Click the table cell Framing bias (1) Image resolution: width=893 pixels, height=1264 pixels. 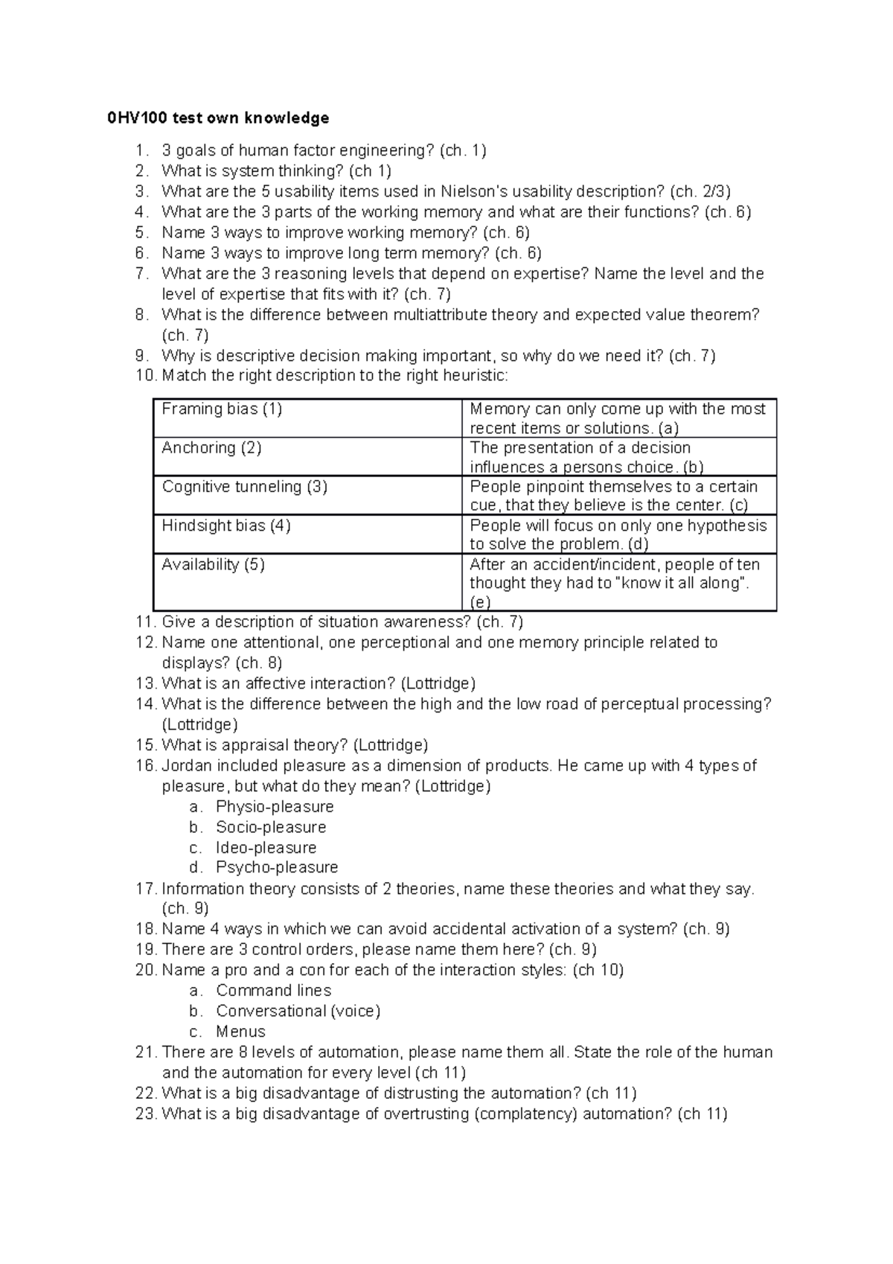[x=222, y=409]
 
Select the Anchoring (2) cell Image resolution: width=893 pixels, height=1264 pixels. [x=211, y=447]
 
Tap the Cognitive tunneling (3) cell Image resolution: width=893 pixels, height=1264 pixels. [x=244, y=487]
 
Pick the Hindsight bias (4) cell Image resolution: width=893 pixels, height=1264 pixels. [x=226, y=526]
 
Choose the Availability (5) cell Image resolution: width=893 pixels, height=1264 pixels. [x=213, y=564]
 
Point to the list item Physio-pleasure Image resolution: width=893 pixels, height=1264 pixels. [x=275, y=807]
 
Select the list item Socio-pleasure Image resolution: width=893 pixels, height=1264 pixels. [x=271, y=827]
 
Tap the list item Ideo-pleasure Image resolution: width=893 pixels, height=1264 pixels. [x=266, y=848]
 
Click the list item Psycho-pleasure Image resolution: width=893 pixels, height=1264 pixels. [x=277, y=867]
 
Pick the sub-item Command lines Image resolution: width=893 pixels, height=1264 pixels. [x=273, y=991]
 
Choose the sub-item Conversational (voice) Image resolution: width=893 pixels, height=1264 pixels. [x=298, y=1011]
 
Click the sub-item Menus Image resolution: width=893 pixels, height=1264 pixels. [x=240, y=1032]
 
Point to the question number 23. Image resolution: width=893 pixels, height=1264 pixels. [x=146, y=1114]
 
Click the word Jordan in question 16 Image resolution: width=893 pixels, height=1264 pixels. [x=185, y=766]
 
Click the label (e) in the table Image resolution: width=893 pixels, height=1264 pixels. [x=480, y=602]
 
